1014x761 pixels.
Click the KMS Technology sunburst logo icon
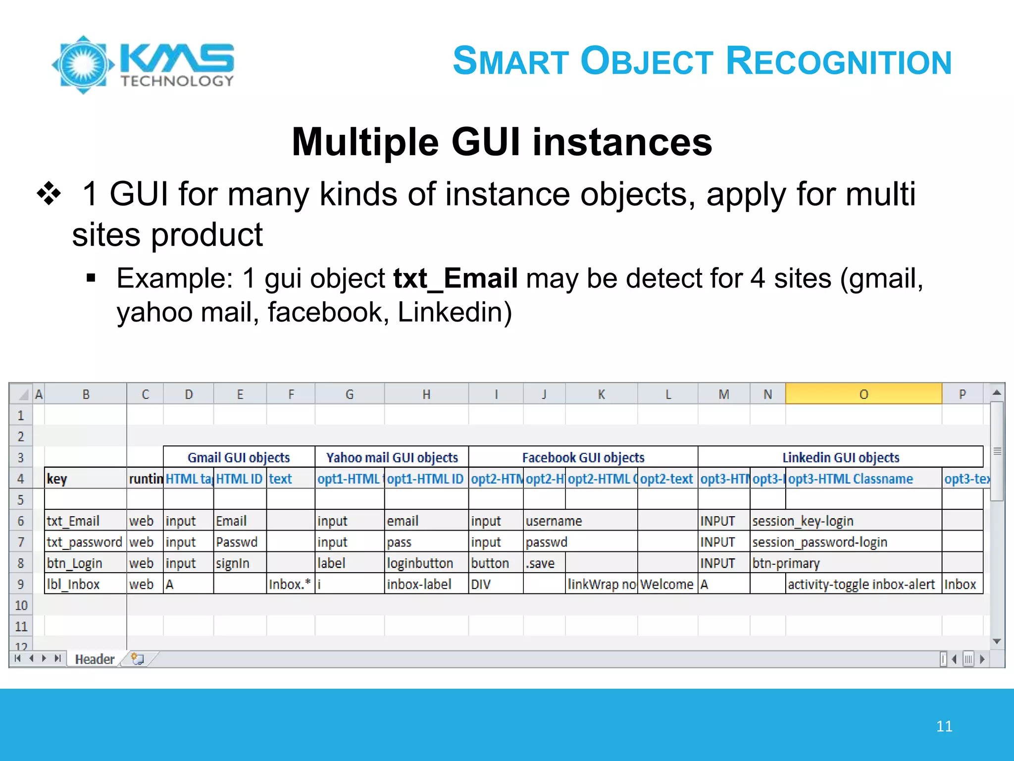[x=83, y=64]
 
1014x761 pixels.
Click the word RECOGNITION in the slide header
[x=839, y=61]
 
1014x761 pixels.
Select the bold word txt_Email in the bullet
[x=456, y=278]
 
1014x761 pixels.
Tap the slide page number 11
[x=944, y=726]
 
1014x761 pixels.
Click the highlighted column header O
[x=863, y=394]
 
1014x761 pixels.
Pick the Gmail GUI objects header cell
[x=239, y=457]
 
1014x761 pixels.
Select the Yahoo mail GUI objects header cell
[x=392, y=457]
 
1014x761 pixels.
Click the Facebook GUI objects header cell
[x=583, y=457]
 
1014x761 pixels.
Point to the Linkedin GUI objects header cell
[x=840, y=457]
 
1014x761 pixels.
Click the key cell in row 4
[x=85, y=479]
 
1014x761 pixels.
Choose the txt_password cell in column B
[x=85, y=542]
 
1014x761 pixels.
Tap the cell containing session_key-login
[x=803, y=521]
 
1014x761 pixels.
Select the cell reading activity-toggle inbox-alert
[x=861, y=585]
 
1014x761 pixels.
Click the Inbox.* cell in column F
[x=290, y=585]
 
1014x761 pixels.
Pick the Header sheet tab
[x=94, y=659]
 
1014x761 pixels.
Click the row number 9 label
[x=21, y=585]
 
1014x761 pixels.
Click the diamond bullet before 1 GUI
[x=49, y=194]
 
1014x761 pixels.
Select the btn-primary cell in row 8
[x=786, y=563]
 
